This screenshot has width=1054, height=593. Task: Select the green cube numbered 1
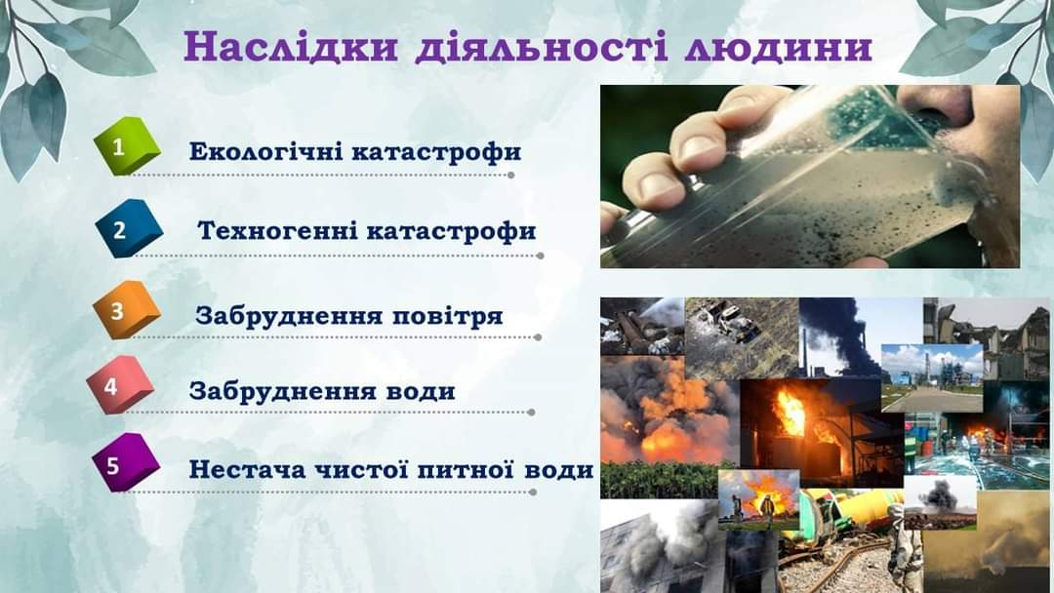tap(126, 145)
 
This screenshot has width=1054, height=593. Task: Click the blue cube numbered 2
tap(129, 228)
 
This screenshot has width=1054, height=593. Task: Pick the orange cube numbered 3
tap(126, 309)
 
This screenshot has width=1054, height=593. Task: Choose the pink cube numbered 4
tap(120, 385)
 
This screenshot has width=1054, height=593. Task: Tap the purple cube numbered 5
tap(125, 462)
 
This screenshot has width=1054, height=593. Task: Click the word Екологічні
tap(266, 152)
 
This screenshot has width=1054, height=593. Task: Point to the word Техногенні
tap(278, 231)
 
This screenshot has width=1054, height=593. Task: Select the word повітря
tap(447, 316)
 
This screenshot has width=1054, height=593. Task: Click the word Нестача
tap(247, 469)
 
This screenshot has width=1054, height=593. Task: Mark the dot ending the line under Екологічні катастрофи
tap(510, 176)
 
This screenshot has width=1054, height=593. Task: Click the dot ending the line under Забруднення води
tap(531, 413)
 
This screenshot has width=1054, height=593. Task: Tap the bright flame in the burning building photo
tap(791, 411)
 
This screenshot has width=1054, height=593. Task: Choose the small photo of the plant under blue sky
tap(932, 378)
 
